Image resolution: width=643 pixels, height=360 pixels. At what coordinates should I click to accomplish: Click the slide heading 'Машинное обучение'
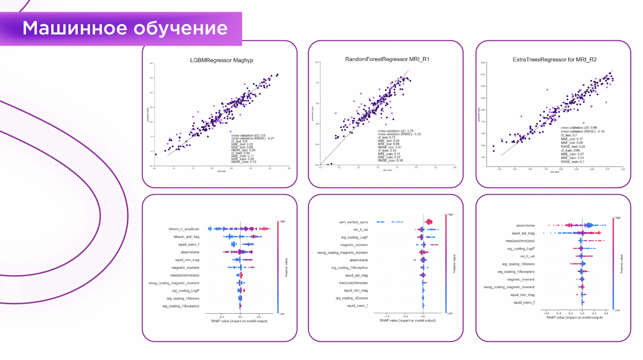tap(125, 28)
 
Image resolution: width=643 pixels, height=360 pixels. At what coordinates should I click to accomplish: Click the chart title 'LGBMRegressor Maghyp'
tap(222, 60)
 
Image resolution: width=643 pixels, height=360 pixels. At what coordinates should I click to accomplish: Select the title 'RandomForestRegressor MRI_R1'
tap(387, 59)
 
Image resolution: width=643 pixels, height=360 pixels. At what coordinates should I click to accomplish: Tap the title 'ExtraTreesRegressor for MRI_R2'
tap(555, 60)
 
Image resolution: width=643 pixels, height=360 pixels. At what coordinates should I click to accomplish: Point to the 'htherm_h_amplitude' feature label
tap(184, 229)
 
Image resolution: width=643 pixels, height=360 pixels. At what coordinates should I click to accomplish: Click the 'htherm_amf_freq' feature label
tap(186, 237)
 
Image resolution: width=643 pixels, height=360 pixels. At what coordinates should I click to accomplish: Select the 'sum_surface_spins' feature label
tap(353, 222)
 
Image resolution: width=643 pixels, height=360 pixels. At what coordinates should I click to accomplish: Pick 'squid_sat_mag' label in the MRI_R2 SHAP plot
tap(523, 233)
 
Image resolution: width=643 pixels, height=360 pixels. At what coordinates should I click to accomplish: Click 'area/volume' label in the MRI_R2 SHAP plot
tap(525, 226)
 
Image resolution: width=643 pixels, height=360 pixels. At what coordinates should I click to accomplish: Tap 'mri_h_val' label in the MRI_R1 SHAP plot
tap(361, 230)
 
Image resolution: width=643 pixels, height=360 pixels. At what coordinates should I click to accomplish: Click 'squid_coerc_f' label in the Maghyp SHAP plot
tap(189, 244)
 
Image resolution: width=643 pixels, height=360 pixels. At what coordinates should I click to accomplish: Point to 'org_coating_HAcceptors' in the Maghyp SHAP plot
tap(181, 306)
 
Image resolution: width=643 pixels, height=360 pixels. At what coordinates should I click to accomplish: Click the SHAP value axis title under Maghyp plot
tap(239, 321)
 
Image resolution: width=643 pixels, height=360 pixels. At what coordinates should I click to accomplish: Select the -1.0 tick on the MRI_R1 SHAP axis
tap(387, 316)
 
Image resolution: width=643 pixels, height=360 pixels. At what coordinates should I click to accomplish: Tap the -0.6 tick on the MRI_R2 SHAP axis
tap(546, 313)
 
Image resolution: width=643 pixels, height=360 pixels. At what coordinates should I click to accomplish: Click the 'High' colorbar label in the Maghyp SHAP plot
tap(282, 222)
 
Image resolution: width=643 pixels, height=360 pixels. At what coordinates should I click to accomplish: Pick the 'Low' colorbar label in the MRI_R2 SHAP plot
tap(617, 310)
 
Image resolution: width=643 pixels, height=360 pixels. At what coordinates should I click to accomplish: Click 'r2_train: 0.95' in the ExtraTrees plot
tap(570, 150)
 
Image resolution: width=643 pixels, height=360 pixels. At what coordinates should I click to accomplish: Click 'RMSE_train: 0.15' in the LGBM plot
tap(244, 162)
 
